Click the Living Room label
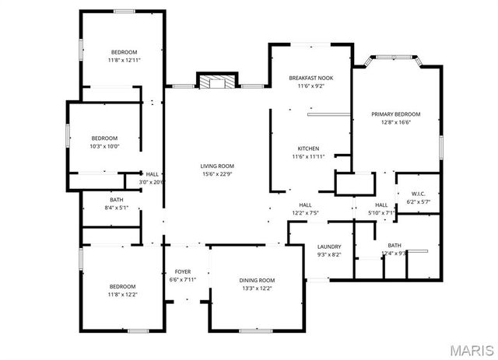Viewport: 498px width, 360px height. coord(217,166)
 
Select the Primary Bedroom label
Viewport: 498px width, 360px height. coord(396,114)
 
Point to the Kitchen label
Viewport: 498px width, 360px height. coord(309,149)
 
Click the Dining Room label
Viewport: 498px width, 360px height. coord(256,280)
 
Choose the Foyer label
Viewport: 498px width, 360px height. coord(183,271)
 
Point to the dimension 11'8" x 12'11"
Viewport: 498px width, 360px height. coord(123,60)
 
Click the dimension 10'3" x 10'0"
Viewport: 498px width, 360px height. coord(104,146)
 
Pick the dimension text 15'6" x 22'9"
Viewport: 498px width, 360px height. coord(217,174)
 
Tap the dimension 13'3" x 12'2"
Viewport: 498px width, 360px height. coord(256,288)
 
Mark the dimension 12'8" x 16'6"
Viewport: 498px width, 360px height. coord(396,122)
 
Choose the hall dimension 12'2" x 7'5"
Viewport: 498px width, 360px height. coord(305,212)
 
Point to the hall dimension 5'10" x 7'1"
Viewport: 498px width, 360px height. coord(381,212)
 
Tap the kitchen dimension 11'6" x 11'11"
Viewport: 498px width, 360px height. coord(309,157)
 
